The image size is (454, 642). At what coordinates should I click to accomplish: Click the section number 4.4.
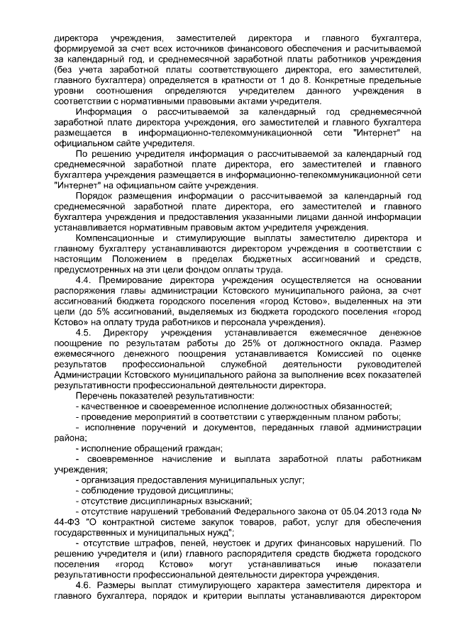tap(84, 299)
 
